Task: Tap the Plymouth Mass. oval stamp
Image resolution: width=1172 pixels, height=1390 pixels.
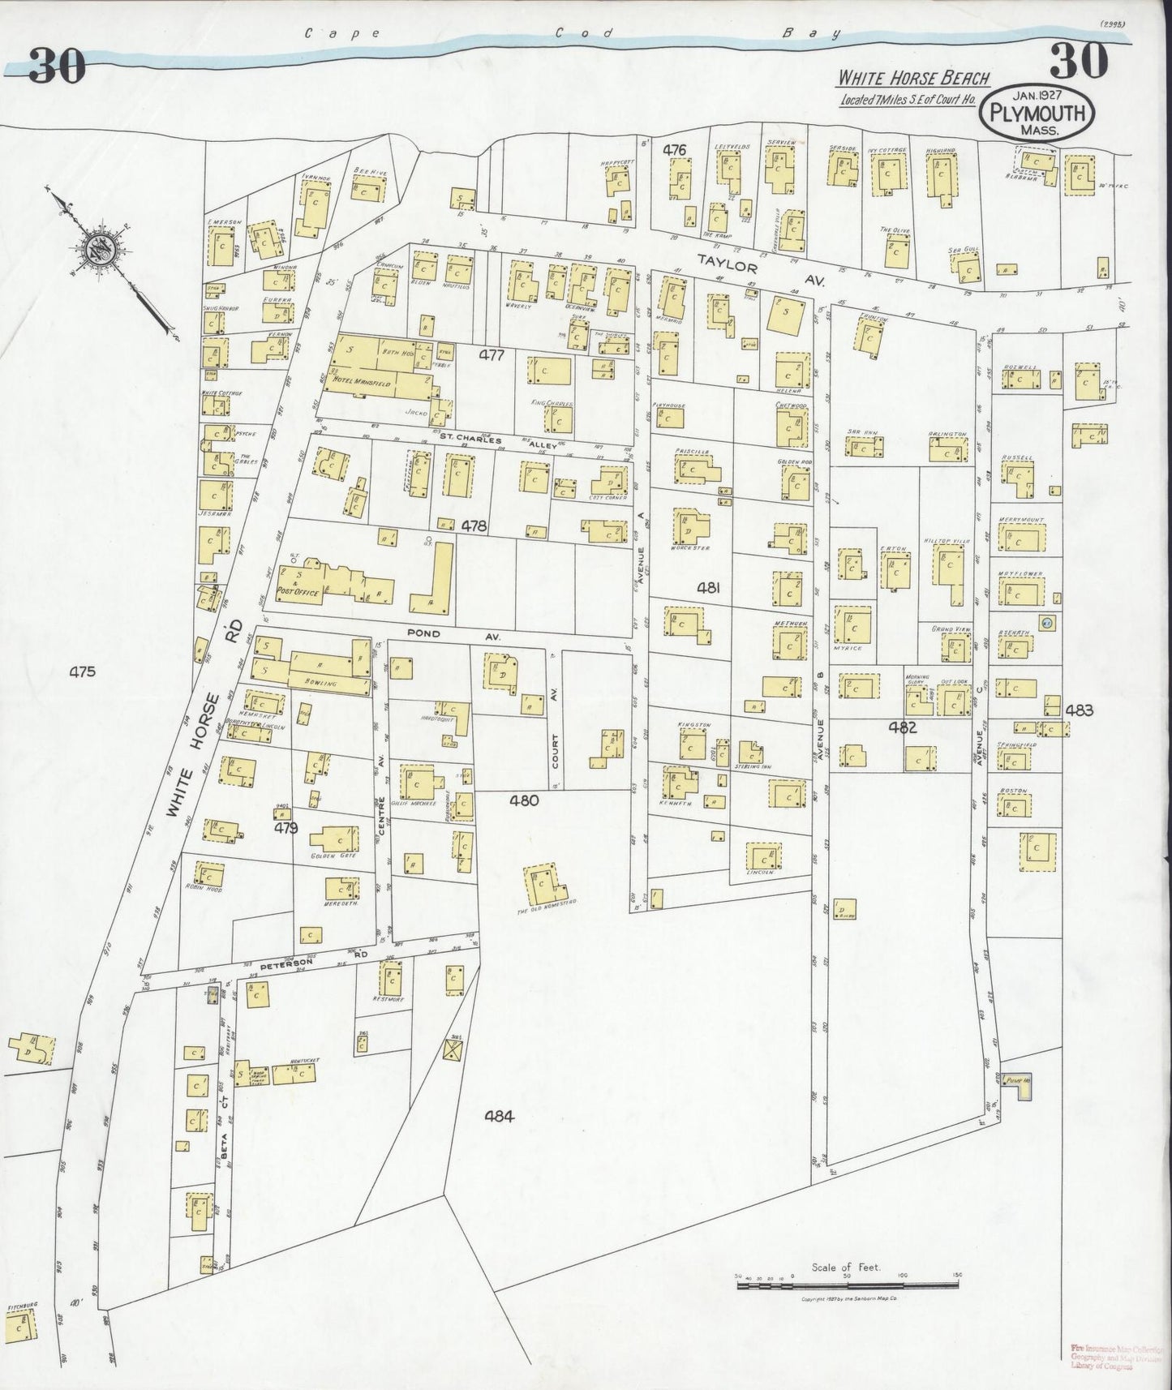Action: [x=1036, y=112]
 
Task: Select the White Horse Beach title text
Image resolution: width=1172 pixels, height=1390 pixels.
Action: [x=913, y=78]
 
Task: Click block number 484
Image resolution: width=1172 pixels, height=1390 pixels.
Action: [x=499, y=1116]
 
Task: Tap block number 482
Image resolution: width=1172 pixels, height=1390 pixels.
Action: [x=902, y=727]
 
